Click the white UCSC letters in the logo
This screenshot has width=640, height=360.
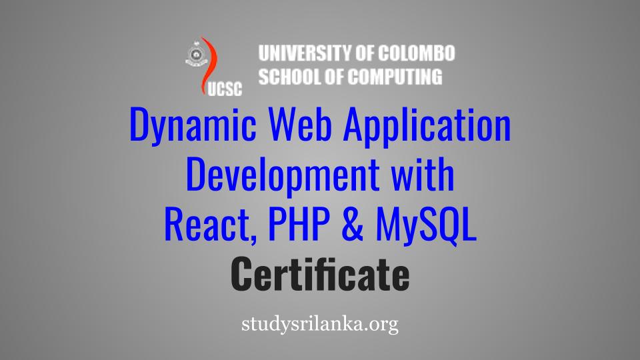[225, 89]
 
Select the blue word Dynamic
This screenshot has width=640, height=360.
[193, 125]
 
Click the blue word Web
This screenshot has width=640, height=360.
[299, 124]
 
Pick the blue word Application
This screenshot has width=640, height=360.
[427, 125]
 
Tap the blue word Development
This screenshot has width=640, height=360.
[283, 175]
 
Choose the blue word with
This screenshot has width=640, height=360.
[423, 174]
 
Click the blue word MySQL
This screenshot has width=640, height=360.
[426, 226]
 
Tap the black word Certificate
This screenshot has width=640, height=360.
[320, 274]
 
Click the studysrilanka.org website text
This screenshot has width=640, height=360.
[320, 325]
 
